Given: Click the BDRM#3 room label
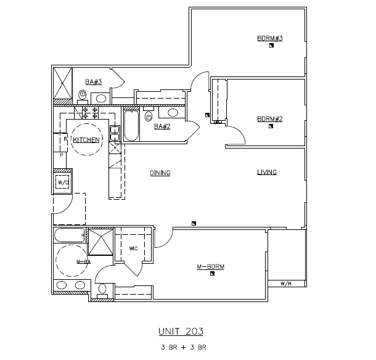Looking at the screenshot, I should [269, 39].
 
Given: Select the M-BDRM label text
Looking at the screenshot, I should [210, 267].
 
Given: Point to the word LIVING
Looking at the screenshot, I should [267, 172].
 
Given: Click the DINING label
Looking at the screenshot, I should [160, 173].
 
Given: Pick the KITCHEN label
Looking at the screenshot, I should [86, 141].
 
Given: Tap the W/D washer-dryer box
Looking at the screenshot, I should [62, 182].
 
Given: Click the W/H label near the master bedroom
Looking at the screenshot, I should [285, 284].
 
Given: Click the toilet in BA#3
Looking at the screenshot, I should [83, 94].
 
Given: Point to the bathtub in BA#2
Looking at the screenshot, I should [131, 125].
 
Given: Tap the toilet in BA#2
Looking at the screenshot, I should [149, 116].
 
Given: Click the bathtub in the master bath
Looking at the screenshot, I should [68, 236].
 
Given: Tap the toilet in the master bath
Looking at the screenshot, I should [102, 290].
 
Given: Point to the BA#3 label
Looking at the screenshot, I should [93, 82].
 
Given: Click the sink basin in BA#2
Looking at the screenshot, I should [173, 113].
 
